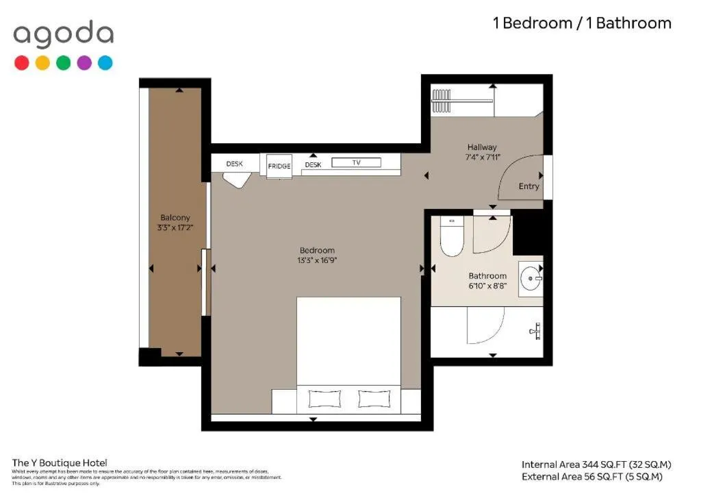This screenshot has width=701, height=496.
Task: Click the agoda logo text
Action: click(63, 34)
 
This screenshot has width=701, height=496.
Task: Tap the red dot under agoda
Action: click(22, 63)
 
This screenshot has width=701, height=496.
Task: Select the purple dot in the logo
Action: click(84, 63)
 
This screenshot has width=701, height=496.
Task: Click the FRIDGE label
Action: click(279, 166)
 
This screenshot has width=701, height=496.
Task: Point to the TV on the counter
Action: click(356, 163)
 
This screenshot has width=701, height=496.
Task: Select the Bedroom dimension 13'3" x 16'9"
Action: click(317, 260)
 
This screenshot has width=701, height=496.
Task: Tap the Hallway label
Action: click(482, 147)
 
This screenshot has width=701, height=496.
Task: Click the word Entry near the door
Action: click(528, 186)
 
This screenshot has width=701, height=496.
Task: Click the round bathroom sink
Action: click(531, 279)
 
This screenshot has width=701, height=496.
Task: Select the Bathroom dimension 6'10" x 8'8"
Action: click(487, 286)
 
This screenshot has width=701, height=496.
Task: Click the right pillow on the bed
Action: click(373, 399)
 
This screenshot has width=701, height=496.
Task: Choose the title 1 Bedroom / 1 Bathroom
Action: click(582, 23)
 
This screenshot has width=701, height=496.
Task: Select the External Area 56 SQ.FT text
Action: click(592, 477)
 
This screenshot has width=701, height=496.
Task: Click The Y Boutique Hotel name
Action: click(60, 463)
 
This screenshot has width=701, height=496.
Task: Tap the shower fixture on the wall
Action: click(536, 332)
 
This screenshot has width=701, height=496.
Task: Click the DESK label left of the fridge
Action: click(235, 164)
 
